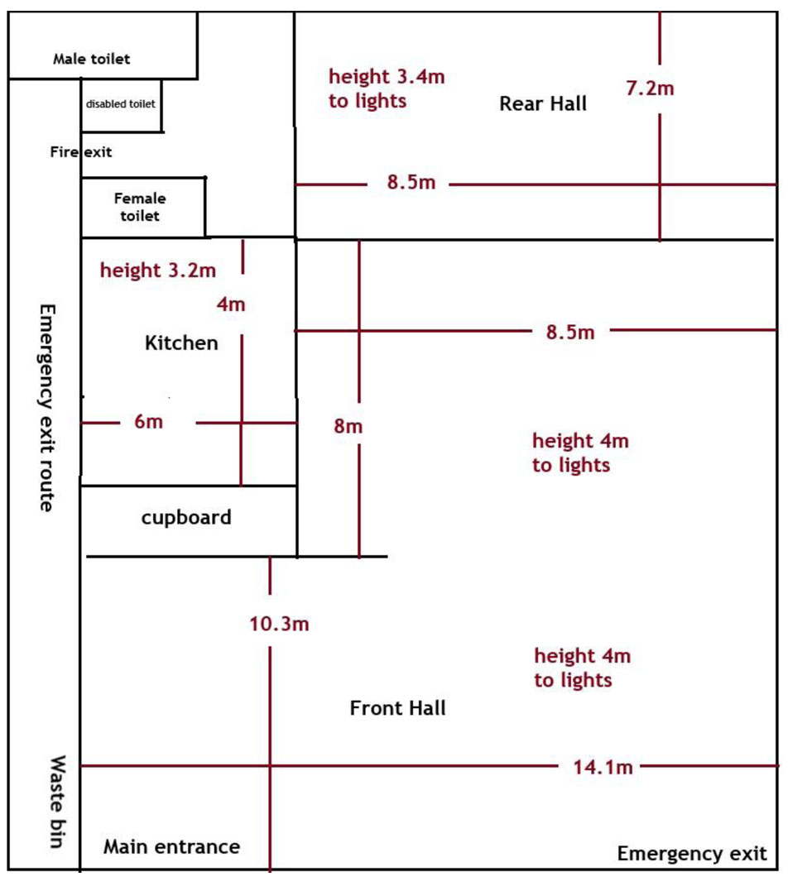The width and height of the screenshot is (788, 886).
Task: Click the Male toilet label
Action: pos(92,59)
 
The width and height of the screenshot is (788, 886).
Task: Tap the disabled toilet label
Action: pos(120,104)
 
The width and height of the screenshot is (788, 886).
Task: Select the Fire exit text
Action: pos(81,152)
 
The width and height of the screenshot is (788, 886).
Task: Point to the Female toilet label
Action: pos(140,207)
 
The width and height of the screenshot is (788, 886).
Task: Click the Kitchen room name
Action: pos(181,343)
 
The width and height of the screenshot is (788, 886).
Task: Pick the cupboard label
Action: pos(186,518)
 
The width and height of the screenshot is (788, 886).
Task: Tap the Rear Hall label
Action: pos(543,104)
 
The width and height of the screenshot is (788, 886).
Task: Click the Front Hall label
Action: pos(398,708)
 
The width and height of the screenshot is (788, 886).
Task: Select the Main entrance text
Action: pos(172,846)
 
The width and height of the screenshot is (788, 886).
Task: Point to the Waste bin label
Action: pos(57,802)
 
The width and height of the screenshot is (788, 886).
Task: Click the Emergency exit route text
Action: pos(47,408)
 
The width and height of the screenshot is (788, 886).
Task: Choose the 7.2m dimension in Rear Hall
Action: pos(650,89)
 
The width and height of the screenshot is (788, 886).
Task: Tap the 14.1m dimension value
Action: pos(603,768)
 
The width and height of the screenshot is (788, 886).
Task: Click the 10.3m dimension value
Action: pos(279,624)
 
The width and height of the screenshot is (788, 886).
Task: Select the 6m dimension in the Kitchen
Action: pos(149,422)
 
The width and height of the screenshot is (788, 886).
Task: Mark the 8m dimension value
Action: pos(348,426)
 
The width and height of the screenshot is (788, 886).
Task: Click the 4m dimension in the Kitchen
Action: pos(231,304)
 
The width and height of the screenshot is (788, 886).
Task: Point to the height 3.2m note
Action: pos(158,270)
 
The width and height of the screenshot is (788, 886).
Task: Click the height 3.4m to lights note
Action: pos(387,89)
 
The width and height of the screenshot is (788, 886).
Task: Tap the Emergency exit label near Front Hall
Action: pos(692,853)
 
